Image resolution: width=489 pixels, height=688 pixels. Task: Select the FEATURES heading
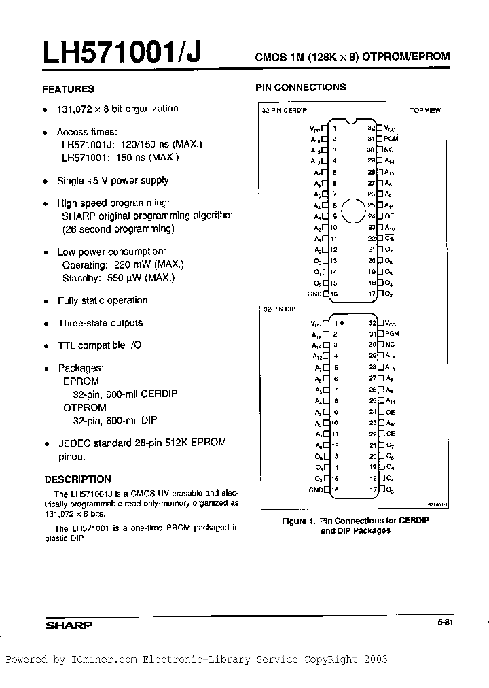pyautogui.click(x=68, y=89)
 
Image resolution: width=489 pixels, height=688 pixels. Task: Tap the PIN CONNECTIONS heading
pyautogui.click(x=300, y=87)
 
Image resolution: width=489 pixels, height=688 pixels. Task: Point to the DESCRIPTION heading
pyautogui.click(x=77, y=479)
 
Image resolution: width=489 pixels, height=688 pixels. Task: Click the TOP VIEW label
pyautogui.click(x=425, y=110)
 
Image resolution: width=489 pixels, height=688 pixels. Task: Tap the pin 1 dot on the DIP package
pyautogui.click(x=341, y=323)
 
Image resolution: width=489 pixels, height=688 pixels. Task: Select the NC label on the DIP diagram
pyautogui.click(x=389, y=345)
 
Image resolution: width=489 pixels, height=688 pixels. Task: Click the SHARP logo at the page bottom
pyautogui.click(x=69, y=625)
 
